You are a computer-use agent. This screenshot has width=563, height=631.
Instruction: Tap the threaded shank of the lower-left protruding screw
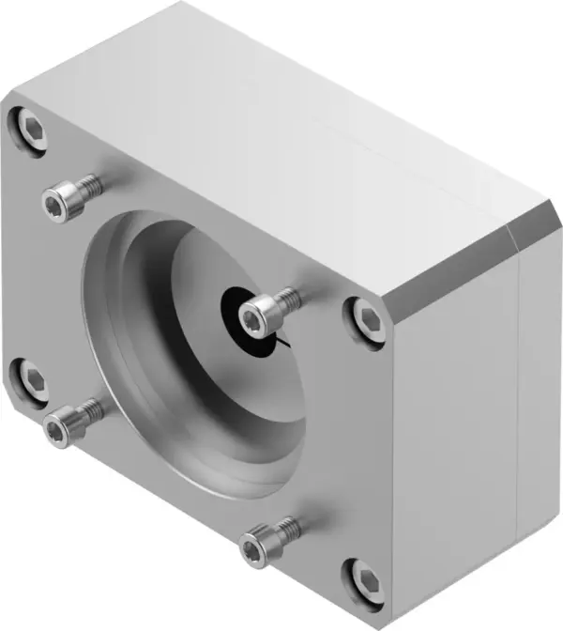click(x=88, y=410)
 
